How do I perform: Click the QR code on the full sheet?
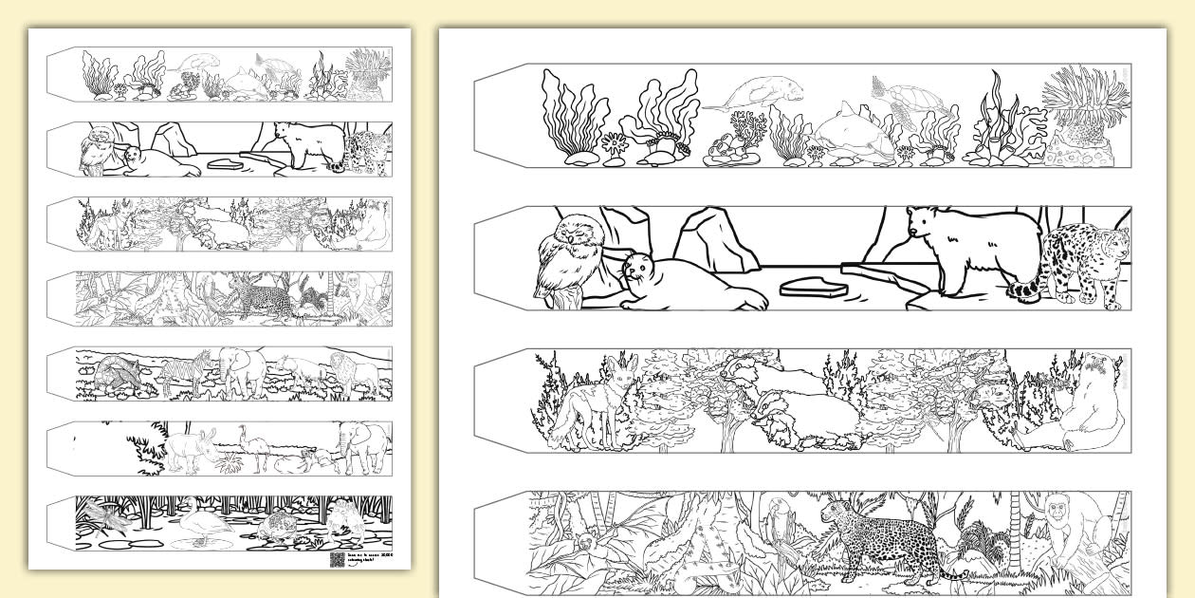tap(336, 559)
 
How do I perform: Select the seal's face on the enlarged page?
tap(637, 269)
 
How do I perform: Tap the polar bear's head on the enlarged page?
tap(923, 224)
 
